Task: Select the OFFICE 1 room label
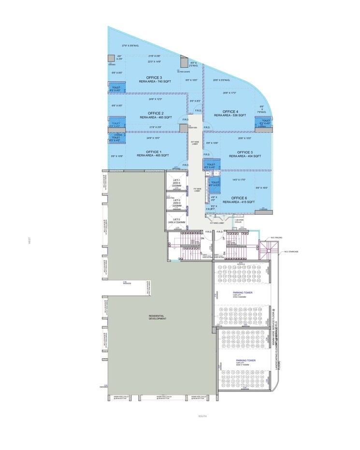(153, 151)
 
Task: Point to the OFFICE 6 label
(239, 198)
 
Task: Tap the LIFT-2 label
(177, 200)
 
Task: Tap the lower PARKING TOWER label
(245, 361)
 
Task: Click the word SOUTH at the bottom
(203, 416)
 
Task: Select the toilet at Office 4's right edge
(264, 122)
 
